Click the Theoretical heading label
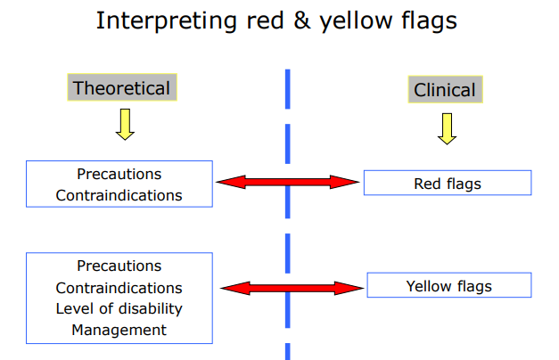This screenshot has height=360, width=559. pyautogui.click(x=121, y=87)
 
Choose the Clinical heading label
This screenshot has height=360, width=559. pyautogui.click(x=444, y=89)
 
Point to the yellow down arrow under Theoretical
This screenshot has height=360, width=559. pyautogui.click(x=125, y=125)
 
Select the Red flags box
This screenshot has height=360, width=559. pyautogui.click(x=448, y=184)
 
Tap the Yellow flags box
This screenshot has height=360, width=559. pyautogui.click(x=448, y=286)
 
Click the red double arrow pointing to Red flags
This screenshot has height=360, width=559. pyautogui.click(x=287, y=182)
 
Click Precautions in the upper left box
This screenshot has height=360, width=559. pyautogui.click(x=119, y=175)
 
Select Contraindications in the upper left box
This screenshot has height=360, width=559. pyautogui.click(x=119, y=194)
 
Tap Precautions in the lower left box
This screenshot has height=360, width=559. pyautogui.click(x=119, y=266)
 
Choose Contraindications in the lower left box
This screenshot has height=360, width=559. pyautogui.click(x=119, y=288)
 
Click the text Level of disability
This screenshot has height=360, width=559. pyautogui.click(x=119, y=308)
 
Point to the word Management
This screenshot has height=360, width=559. pyautogui.click(x=119, y=330)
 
